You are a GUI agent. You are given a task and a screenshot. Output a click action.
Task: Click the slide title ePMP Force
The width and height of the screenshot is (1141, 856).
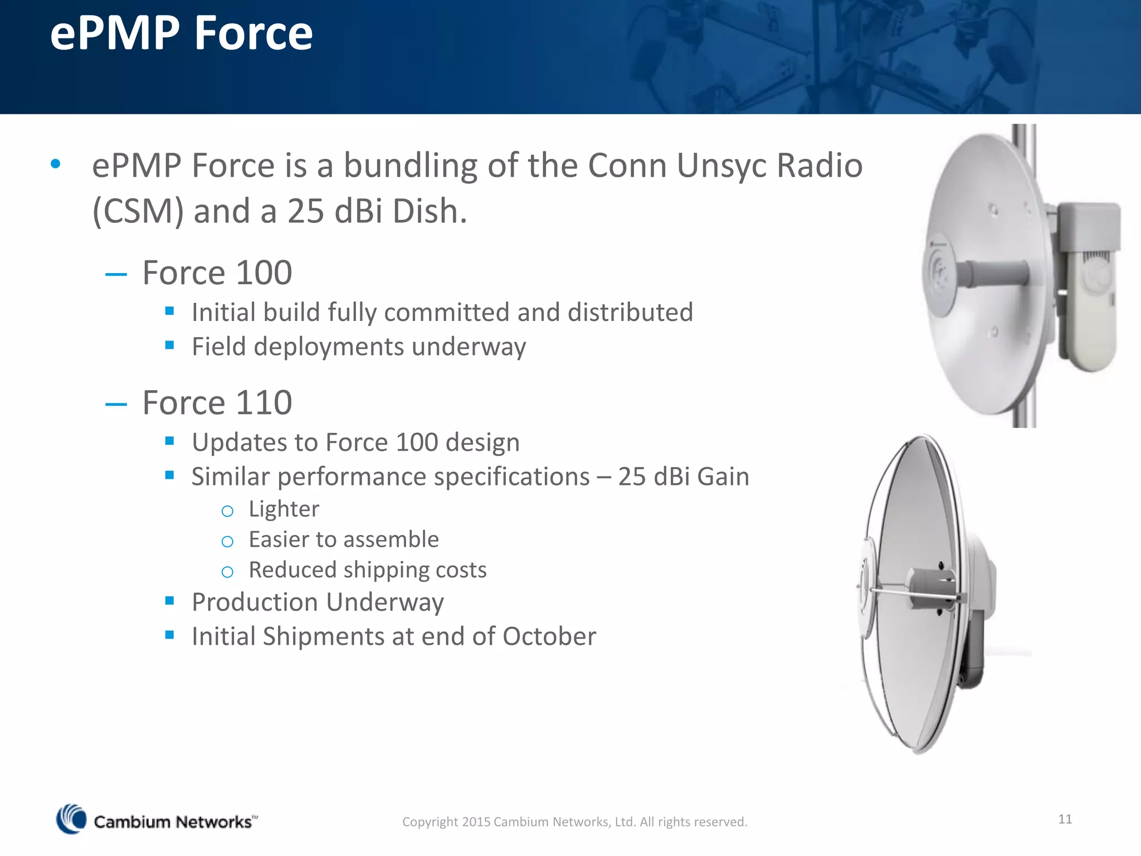[181, 33]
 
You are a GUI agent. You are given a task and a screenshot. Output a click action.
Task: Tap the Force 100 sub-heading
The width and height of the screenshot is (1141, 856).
[217, 273]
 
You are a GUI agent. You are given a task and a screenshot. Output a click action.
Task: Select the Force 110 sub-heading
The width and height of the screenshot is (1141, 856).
[217, 402]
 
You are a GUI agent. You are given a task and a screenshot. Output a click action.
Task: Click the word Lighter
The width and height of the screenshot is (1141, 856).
[284, 509]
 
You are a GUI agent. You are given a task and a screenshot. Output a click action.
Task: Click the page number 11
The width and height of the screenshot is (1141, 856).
[1065, 819]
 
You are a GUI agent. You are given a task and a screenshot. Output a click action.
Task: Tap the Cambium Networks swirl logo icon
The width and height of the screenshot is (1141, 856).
[71, 819]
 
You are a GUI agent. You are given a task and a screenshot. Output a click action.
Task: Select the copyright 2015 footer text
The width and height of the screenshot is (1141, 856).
[574, 821]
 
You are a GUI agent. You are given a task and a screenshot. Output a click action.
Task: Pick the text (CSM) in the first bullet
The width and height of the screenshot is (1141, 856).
[138, 212]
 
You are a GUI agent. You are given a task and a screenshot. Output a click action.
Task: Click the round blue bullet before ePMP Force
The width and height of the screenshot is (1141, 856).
[55, 164]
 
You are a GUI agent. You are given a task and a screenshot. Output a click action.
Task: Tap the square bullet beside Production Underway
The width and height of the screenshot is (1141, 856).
[170, 601]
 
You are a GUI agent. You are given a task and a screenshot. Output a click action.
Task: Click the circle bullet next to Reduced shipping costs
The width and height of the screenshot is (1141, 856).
[227, 572]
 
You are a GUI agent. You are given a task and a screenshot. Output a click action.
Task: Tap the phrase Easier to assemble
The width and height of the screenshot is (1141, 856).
[343, 539]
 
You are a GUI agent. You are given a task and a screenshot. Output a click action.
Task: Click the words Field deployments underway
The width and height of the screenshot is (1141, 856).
[358, 347]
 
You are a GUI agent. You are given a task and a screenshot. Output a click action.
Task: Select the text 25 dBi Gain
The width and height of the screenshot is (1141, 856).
[683, 476]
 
